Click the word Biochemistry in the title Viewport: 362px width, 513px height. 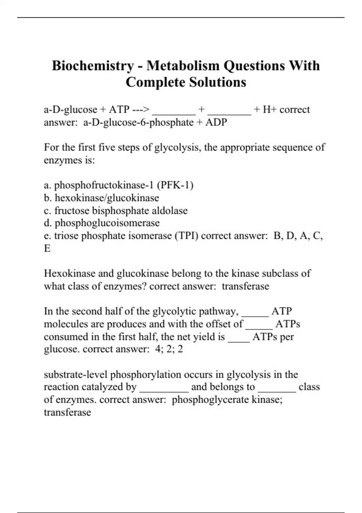[93, 66]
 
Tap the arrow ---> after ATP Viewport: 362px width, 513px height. [141, 109]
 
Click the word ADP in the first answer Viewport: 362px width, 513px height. [216, 123]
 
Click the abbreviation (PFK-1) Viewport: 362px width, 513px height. [175, 185]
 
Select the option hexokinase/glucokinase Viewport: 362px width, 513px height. [107, 198]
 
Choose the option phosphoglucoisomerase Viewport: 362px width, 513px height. [107, 223]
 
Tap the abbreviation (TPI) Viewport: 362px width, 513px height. [186, 236]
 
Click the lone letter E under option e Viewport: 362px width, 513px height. [47, 248]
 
